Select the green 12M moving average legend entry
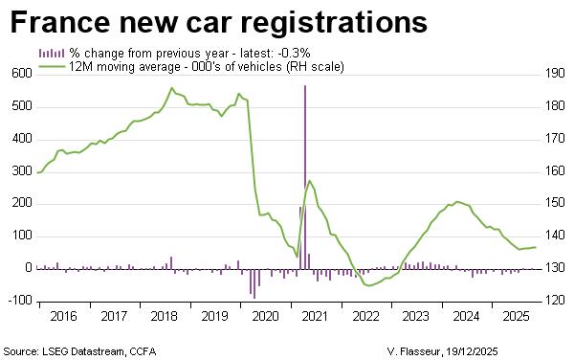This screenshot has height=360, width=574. click(x=191, y=65)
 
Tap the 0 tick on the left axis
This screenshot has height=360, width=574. click(x=29, y=268)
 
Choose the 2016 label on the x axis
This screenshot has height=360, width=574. click(x=63, y=315)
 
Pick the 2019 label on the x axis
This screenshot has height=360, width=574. click(x=214, y=315)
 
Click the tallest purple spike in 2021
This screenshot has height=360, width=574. click(x=305, y=86)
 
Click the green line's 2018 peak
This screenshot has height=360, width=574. click(x=171, y=88)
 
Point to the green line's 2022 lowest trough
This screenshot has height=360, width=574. click(x=368, y=285)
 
